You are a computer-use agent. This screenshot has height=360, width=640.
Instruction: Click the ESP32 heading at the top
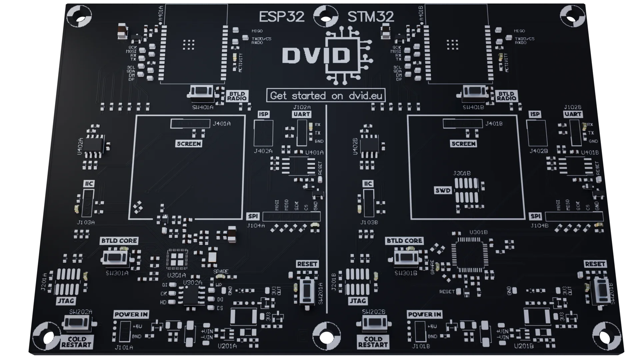[282, 17]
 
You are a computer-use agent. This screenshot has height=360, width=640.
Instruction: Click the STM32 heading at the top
[371, 17]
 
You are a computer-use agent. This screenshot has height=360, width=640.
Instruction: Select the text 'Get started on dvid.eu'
[326, 96]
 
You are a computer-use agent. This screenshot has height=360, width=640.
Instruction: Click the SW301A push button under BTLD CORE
[115, 258]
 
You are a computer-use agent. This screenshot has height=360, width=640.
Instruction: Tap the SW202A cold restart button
[76, 323]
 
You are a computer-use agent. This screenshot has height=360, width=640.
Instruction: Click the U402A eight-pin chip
[94, 146]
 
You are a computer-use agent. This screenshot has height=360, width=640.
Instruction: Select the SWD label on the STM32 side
[443, 191]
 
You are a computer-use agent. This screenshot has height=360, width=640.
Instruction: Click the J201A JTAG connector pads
[68, 281]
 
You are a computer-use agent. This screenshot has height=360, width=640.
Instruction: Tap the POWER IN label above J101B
[425, 314]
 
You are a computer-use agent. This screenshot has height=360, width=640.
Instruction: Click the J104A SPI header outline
[291, 217]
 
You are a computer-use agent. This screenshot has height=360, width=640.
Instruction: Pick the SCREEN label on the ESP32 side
[189, 144]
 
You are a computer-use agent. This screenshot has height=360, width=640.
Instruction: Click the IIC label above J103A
[89, 184]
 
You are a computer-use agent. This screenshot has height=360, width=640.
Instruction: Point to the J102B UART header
[576, 133]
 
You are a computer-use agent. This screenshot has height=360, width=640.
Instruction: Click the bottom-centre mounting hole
[327, 336]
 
